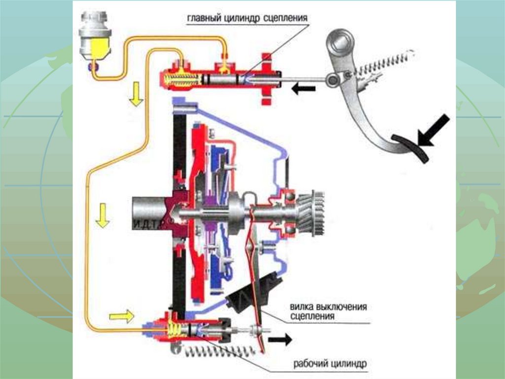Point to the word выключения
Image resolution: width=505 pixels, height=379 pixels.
(342, 307)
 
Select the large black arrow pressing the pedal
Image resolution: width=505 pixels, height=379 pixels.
(433, 130)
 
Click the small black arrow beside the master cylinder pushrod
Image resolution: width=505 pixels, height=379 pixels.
(303, 89)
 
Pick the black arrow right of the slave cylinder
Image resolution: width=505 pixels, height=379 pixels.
(280, 340)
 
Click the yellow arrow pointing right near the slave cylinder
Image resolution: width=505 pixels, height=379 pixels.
(122, 315)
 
